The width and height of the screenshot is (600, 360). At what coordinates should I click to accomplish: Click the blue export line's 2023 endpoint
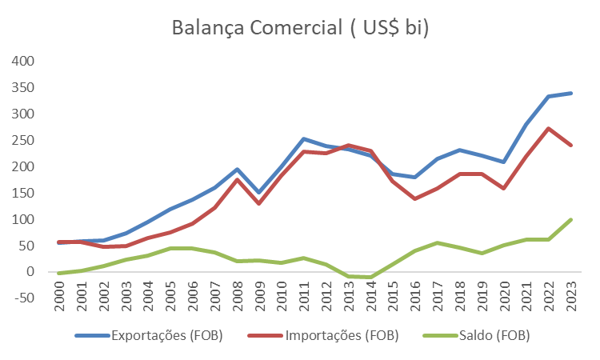tap(571, 93)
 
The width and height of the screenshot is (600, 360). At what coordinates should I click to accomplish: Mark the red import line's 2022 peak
tap(548, 128)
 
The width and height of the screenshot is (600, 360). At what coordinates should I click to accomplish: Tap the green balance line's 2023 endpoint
tap(571, 218)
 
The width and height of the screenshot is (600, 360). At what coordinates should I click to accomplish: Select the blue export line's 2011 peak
tap(304, 138)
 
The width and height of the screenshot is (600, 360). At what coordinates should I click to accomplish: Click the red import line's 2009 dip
tap(258, 203)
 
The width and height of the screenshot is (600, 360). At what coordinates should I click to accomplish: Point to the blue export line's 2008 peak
tap(237, 169)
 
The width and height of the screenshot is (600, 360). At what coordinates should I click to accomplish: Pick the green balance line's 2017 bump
tap(438, 242)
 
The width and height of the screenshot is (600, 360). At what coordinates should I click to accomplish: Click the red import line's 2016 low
tap(415, 198)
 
